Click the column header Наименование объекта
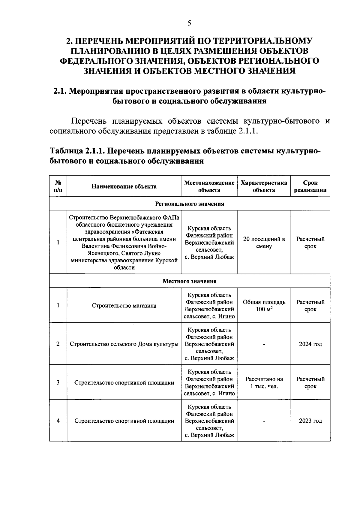point(124,186)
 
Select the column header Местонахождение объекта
point(209,186)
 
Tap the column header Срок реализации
point(310,186)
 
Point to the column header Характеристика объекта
point(264,186)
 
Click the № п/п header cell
point(58,186)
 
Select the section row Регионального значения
point(189,204)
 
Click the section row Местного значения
point(189,281)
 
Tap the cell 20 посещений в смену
point(264,243)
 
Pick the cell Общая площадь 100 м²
point(264,306)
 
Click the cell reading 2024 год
point(310,344)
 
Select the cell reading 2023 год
point(310,421)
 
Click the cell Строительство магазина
point(124,306)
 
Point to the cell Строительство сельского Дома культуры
point(124,344)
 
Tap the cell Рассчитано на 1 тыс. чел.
point(264,383)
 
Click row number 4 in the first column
point(58,421)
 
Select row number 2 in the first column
point(58,344)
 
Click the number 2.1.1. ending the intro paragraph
point(248,132)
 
